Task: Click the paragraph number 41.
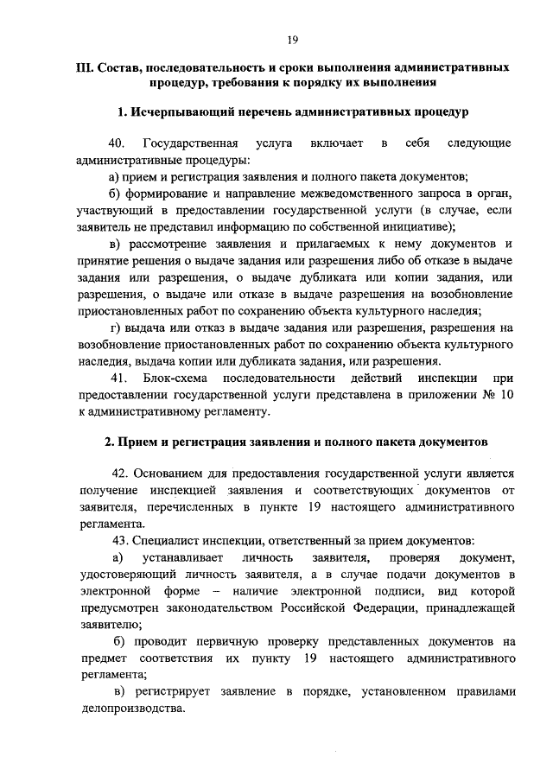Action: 119,378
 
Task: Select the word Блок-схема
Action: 172,378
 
